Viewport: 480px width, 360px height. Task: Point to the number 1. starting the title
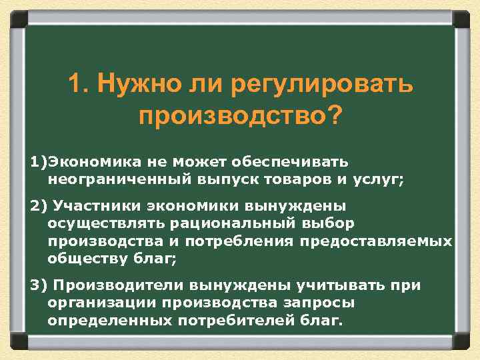pos(77,85)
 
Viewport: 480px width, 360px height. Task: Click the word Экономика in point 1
pos(83,162)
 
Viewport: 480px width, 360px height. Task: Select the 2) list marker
pos(38,206)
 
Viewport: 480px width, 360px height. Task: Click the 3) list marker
pos(38,285)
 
